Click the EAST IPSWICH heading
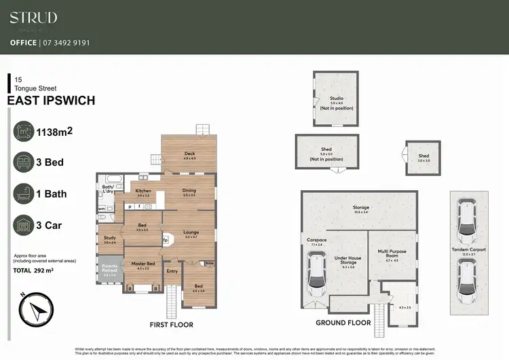[x=51, y=101]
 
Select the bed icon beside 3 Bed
[x=24, y=162]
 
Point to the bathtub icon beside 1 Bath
[x=24, y=194]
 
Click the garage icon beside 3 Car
[x=24, y=225]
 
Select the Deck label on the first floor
[x=189, y=154]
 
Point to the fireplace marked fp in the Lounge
[x=166, y=240]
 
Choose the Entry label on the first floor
[x=172, y=271]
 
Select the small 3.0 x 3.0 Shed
[x=423, y=157]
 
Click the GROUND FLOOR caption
[x=343, y=323]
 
